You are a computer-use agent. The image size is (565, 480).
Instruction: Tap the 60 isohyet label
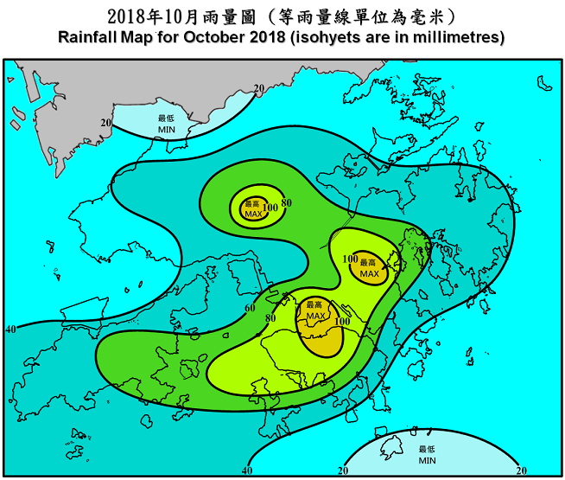(251, 309)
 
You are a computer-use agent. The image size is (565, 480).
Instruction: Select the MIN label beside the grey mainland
(166, 128)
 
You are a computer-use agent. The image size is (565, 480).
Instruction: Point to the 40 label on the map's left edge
(10, 330)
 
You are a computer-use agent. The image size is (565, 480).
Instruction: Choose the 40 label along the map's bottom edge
(247, 470)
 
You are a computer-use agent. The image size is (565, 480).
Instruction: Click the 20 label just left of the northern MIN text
(105, 123)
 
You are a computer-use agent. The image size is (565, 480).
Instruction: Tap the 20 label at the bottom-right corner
(520, 470)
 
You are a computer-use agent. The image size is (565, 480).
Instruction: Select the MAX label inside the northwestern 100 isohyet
(252, 214)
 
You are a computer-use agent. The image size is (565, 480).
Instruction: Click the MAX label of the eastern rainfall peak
(370, 273)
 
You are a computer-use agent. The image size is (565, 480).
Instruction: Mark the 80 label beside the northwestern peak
(287, 203)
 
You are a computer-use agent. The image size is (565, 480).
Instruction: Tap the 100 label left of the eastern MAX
(351, 259)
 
